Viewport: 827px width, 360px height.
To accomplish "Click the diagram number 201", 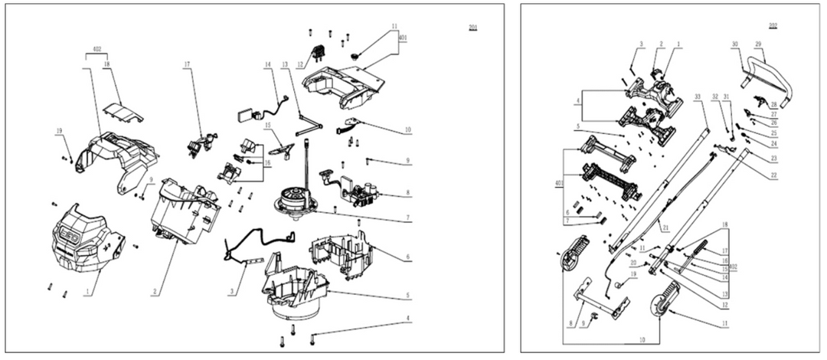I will coord(473,28).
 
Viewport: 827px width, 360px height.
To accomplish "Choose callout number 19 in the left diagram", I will coord(58,131).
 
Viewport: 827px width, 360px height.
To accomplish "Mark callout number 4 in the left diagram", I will coord(408,319).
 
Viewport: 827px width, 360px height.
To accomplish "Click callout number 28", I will coord(774,105).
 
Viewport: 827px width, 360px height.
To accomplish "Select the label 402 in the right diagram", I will coord(736,266).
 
